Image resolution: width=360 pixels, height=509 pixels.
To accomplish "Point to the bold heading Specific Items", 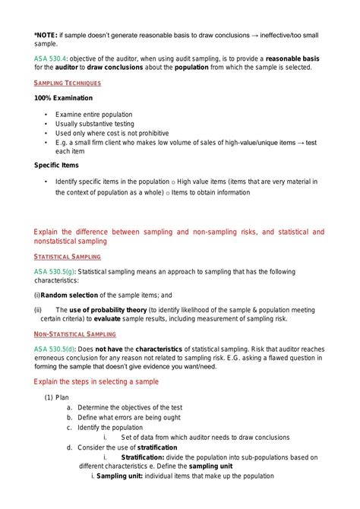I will click(x=56, y=165).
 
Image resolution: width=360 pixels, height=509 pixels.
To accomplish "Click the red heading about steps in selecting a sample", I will click(x=96, y=381).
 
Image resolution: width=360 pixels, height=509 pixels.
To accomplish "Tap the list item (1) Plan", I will click(x=57, y=397).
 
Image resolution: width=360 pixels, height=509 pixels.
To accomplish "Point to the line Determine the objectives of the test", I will click(x=129, y=407).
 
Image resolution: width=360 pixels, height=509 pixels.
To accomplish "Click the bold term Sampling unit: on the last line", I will click(x=121, y=476).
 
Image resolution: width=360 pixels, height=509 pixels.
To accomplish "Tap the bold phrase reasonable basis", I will click(x=308, y=58).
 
